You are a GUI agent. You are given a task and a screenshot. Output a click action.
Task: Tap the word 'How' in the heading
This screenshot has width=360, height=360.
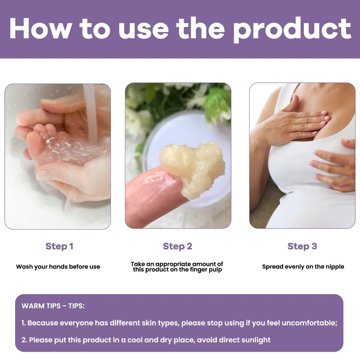click(x=41, y=28)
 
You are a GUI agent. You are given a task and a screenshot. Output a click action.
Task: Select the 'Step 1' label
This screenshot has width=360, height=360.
click(x=59, y=246)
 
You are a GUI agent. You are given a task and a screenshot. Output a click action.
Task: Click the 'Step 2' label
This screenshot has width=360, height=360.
click(x=177, y=246)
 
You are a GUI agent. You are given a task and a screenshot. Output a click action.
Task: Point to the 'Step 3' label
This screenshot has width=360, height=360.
click(x=302, y=246)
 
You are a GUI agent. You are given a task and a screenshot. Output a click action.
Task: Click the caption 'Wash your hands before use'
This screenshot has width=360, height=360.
click(x=58, y=266)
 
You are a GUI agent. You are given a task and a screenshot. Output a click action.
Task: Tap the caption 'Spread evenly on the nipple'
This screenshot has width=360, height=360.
click(x=303, y=266)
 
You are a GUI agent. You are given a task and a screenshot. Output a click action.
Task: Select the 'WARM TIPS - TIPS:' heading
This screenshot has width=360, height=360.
click(x=53, y=306)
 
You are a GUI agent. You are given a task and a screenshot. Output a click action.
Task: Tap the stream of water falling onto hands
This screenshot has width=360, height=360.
click(x=90, y=112)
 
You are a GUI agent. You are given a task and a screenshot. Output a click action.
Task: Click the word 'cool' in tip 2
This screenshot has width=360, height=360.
click(x=135, y=340)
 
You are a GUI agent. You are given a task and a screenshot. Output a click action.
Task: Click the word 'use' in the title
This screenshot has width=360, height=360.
click(x=144, y=31)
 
